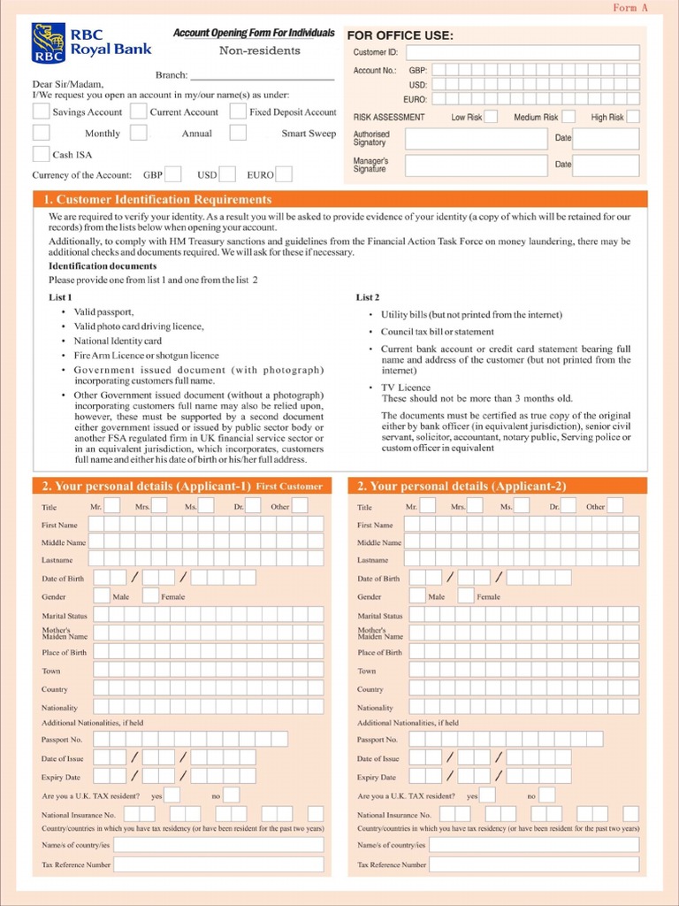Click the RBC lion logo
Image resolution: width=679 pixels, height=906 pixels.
coord(48,43)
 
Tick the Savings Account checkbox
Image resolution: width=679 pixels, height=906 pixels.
coord(41,111)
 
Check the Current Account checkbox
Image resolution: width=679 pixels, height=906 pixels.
coord(139,111)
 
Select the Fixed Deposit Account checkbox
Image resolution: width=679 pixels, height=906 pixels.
coord(238,111)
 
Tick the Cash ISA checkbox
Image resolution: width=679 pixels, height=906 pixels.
coord(41,154)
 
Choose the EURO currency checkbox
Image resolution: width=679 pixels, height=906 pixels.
coord(284,174)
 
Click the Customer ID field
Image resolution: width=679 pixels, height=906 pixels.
coord(522,52)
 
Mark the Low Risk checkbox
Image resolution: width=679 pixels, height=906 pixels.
coord(491,117)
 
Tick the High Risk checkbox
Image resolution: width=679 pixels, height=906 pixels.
coord(633,117)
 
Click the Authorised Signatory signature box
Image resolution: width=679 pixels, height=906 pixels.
coord(476,139)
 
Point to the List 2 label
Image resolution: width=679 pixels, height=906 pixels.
coord(368,297)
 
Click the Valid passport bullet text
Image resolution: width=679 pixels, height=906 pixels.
coord(103,312)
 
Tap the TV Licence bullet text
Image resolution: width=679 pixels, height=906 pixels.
coord(406,388)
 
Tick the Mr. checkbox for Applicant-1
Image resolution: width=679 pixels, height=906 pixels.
coord(112,506)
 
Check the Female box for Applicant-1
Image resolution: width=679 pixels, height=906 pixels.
coord(151,596)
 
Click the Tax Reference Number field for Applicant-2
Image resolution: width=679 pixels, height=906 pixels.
coord(533,864)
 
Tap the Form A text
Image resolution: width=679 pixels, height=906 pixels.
coord(631,8)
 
